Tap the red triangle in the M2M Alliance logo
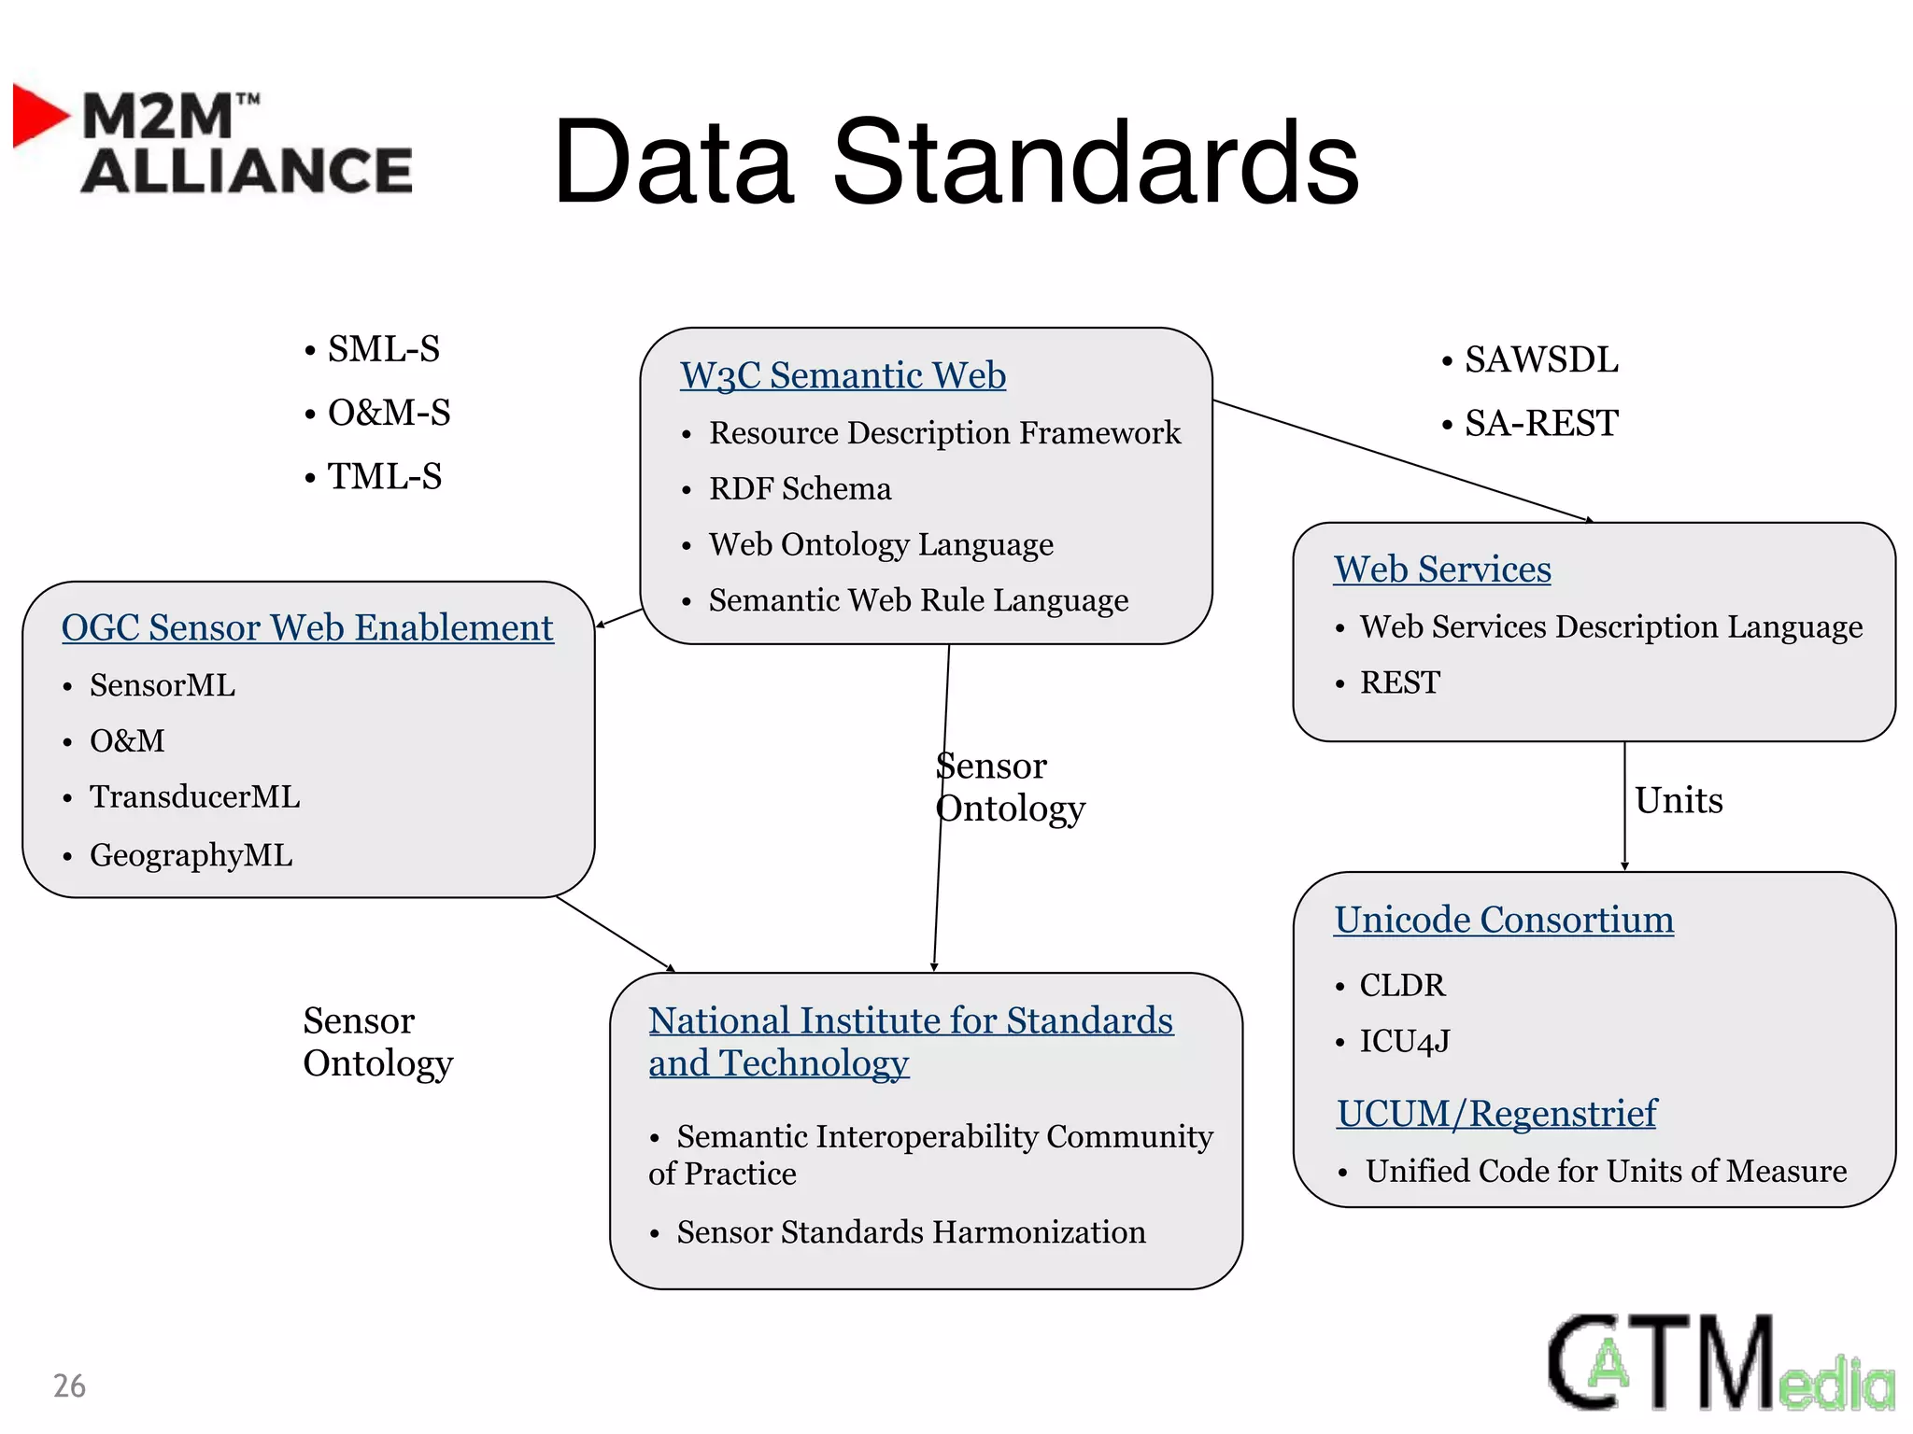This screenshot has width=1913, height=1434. point(37,116)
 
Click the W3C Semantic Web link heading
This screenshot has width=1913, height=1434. point(843,375)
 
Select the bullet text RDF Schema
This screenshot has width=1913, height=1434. point(800,488)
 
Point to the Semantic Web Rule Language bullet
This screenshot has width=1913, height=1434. point(918,600)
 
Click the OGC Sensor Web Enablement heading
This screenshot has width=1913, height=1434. point(307,627)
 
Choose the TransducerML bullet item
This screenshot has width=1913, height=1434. point(194,796)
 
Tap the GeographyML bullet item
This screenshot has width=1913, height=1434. point(191,854)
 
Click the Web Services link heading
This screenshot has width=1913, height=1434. point(1442,569)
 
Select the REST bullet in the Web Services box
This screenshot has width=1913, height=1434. point(1399,682)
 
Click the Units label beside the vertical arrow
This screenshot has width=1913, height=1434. point(1679,800)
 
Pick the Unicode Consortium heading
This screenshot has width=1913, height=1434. point(1503,920)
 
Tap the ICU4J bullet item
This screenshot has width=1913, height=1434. point(1404,1041)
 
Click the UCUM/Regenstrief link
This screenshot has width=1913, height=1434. point(1496,1113)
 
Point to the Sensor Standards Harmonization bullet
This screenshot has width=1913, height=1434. point(911,1232)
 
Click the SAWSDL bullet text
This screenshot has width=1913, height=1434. point(1540,359)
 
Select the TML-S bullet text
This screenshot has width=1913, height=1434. point(384,476)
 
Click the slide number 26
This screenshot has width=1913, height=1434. point(69,1385)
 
